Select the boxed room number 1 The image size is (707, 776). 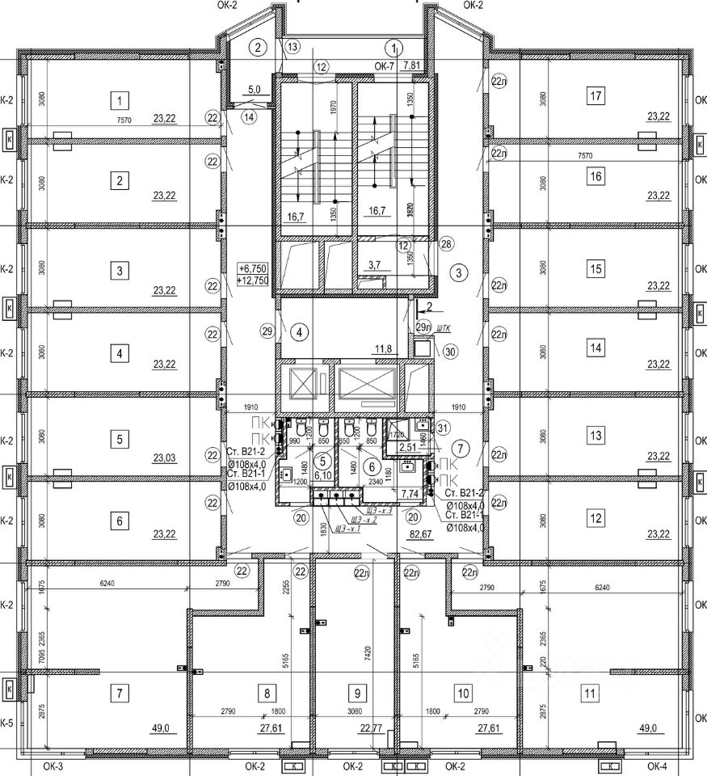pyautogui.click(x=120, y=101)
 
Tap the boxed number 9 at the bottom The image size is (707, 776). pyautogui.click(x=356, y=692)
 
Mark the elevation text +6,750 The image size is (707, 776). pyautogui.click(x=254, y=268)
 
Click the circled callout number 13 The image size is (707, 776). pyautogui.click(x=292, y=45)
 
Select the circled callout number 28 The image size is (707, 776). pyautogui.click(x=447, y=244)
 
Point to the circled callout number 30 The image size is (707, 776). pyautogui.click(x=450, y=351)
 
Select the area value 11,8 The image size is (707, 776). pyautogui.click(x=383, y=349)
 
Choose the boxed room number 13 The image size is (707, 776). pyautogui.click(x=596, y=436)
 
